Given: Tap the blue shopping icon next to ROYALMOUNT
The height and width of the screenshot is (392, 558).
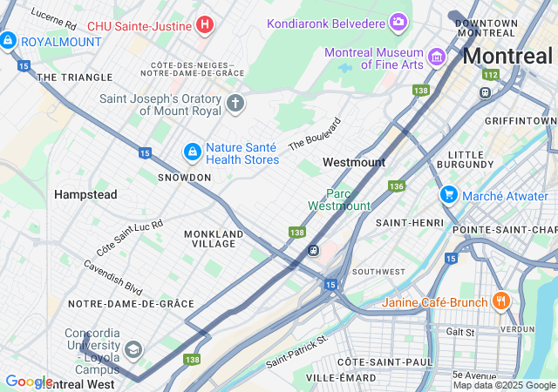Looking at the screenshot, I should (8, 40).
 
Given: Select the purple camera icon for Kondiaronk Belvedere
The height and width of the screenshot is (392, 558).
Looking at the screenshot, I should (398, 22).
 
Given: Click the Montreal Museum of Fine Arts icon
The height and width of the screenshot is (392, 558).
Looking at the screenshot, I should (437, 57).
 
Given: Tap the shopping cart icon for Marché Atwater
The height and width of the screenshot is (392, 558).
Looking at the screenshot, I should (449, 194).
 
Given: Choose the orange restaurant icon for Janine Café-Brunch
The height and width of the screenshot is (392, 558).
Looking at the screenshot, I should (500, 301).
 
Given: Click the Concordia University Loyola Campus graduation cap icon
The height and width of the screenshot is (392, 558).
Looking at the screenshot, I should (133, 350).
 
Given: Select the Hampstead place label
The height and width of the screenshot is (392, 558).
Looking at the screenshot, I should (85, 194).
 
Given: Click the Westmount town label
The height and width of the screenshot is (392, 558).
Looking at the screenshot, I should (353, 162).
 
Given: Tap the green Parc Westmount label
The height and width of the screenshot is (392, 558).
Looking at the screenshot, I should (339, 199).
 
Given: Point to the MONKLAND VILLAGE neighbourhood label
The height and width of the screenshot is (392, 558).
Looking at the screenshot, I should (214, 239).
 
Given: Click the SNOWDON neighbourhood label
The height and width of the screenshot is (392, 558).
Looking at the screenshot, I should (184, 177).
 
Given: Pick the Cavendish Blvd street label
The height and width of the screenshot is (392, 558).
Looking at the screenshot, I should (113, 276).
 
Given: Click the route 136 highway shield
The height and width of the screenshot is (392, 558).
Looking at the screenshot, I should (397, 186).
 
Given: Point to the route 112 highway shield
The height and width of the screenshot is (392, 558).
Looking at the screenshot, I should (491, 75).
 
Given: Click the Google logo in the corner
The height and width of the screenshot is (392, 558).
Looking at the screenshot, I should (29, 382).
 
